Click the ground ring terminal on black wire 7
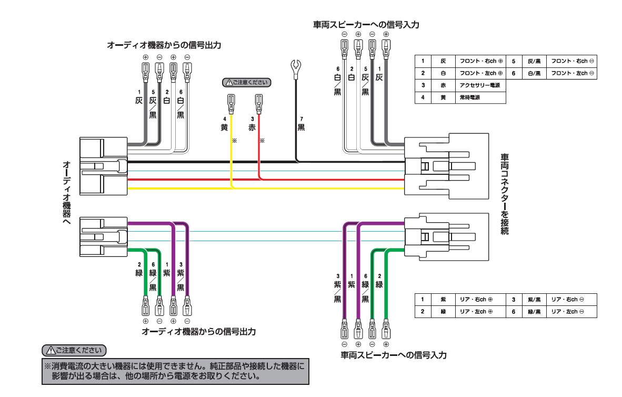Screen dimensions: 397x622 [x=295, y=67]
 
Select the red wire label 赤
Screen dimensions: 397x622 [x=252, y=127]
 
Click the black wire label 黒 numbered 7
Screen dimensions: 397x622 [x=301, y=127]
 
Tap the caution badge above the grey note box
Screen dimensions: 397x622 [x=74, y=350]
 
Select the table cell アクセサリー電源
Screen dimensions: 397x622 [x=479, y=85]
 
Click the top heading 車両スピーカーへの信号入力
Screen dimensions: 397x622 [x=366, y=24]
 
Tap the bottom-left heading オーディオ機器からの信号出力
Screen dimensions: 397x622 [x=199, y=332]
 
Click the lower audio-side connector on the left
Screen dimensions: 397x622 [x=103, y=236]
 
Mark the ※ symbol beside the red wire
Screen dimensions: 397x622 [x=262, y=141]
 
